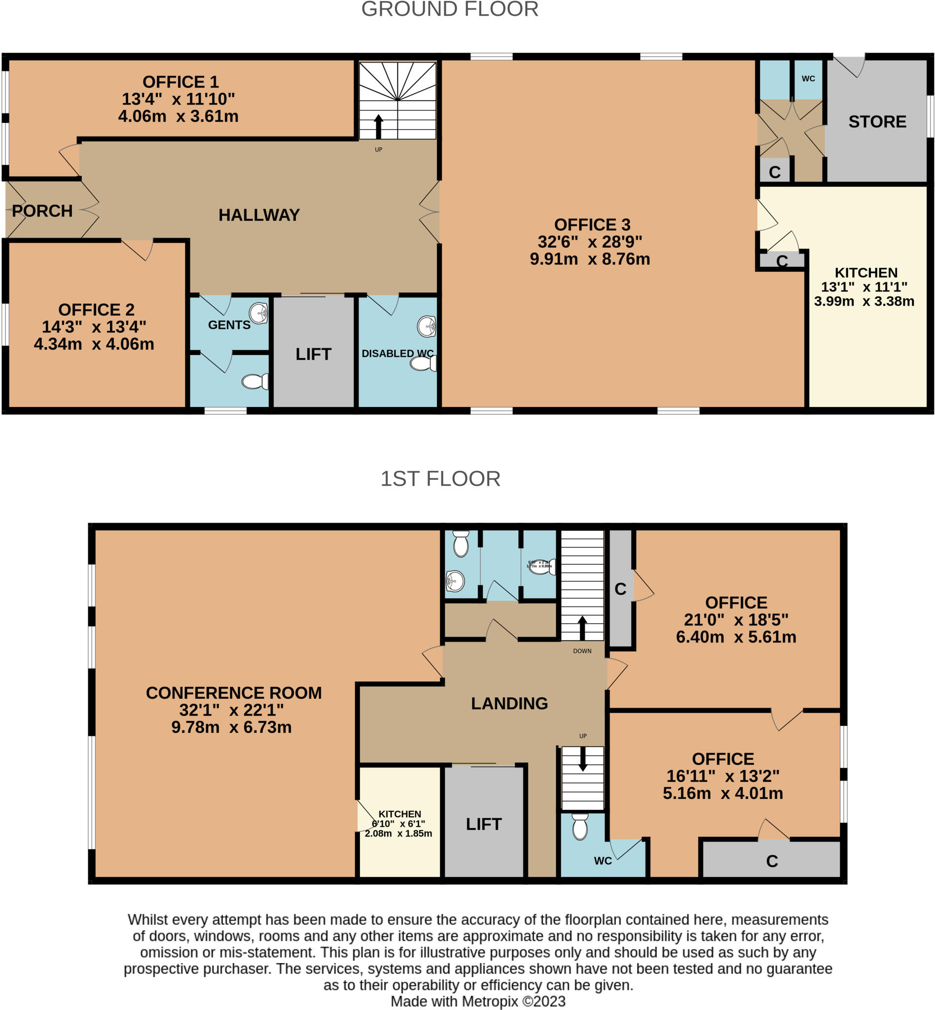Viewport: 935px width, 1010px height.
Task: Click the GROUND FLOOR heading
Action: pyautogui.click(x=450, y=9)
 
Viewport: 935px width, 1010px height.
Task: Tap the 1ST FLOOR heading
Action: pyautogui.click(x=440, y=479)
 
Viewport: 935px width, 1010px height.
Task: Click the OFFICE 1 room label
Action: pyautogui.click(x=180, y=82)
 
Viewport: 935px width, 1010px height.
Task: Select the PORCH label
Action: pyautogui.click(x=42, y=211)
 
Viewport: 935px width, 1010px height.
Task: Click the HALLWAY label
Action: pyautogui.click(x=259, y=215)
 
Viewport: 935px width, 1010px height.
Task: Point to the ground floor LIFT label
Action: pyautogui.click(x=313, y=354)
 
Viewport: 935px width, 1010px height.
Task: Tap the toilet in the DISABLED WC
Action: pyautogui.click(x=423, y=363)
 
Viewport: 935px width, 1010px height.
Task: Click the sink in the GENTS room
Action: pyautogui.click(x=259, y=313)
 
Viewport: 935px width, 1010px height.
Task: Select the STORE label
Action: pyautogui.click(x=877, y=122)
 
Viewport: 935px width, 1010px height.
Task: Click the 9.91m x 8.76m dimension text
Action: pyautogui.click(x=589, y=259)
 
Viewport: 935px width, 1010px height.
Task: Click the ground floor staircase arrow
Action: pyautogui.click(x=378, y=125)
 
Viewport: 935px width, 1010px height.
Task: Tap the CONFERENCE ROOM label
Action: pyautogui.click(x=234, y=693)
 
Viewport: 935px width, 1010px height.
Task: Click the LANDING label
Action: pyautogui.click(x=509, y=703)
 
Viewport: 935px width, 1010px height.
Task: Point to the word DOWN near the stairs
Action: pyautogui.click(x=582, y=651)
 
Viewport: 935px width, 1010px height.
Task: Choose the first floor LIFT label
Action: pyautogui.click(x=484, y=824)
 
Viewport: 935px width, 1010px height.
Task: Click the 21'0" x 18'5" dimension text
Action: pyautogui.click(x=736, y=620)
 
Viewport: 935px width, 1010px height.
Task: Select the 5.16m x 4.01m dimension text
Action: pyautogui.click(x=722, y=794)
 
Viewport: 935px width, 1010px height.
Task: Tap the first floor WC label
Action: pyautogui.click(x=603, y=861)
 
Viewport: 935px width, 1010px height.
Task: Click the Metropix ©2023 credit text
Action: pyautogui.click(x=478, y=1002)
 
